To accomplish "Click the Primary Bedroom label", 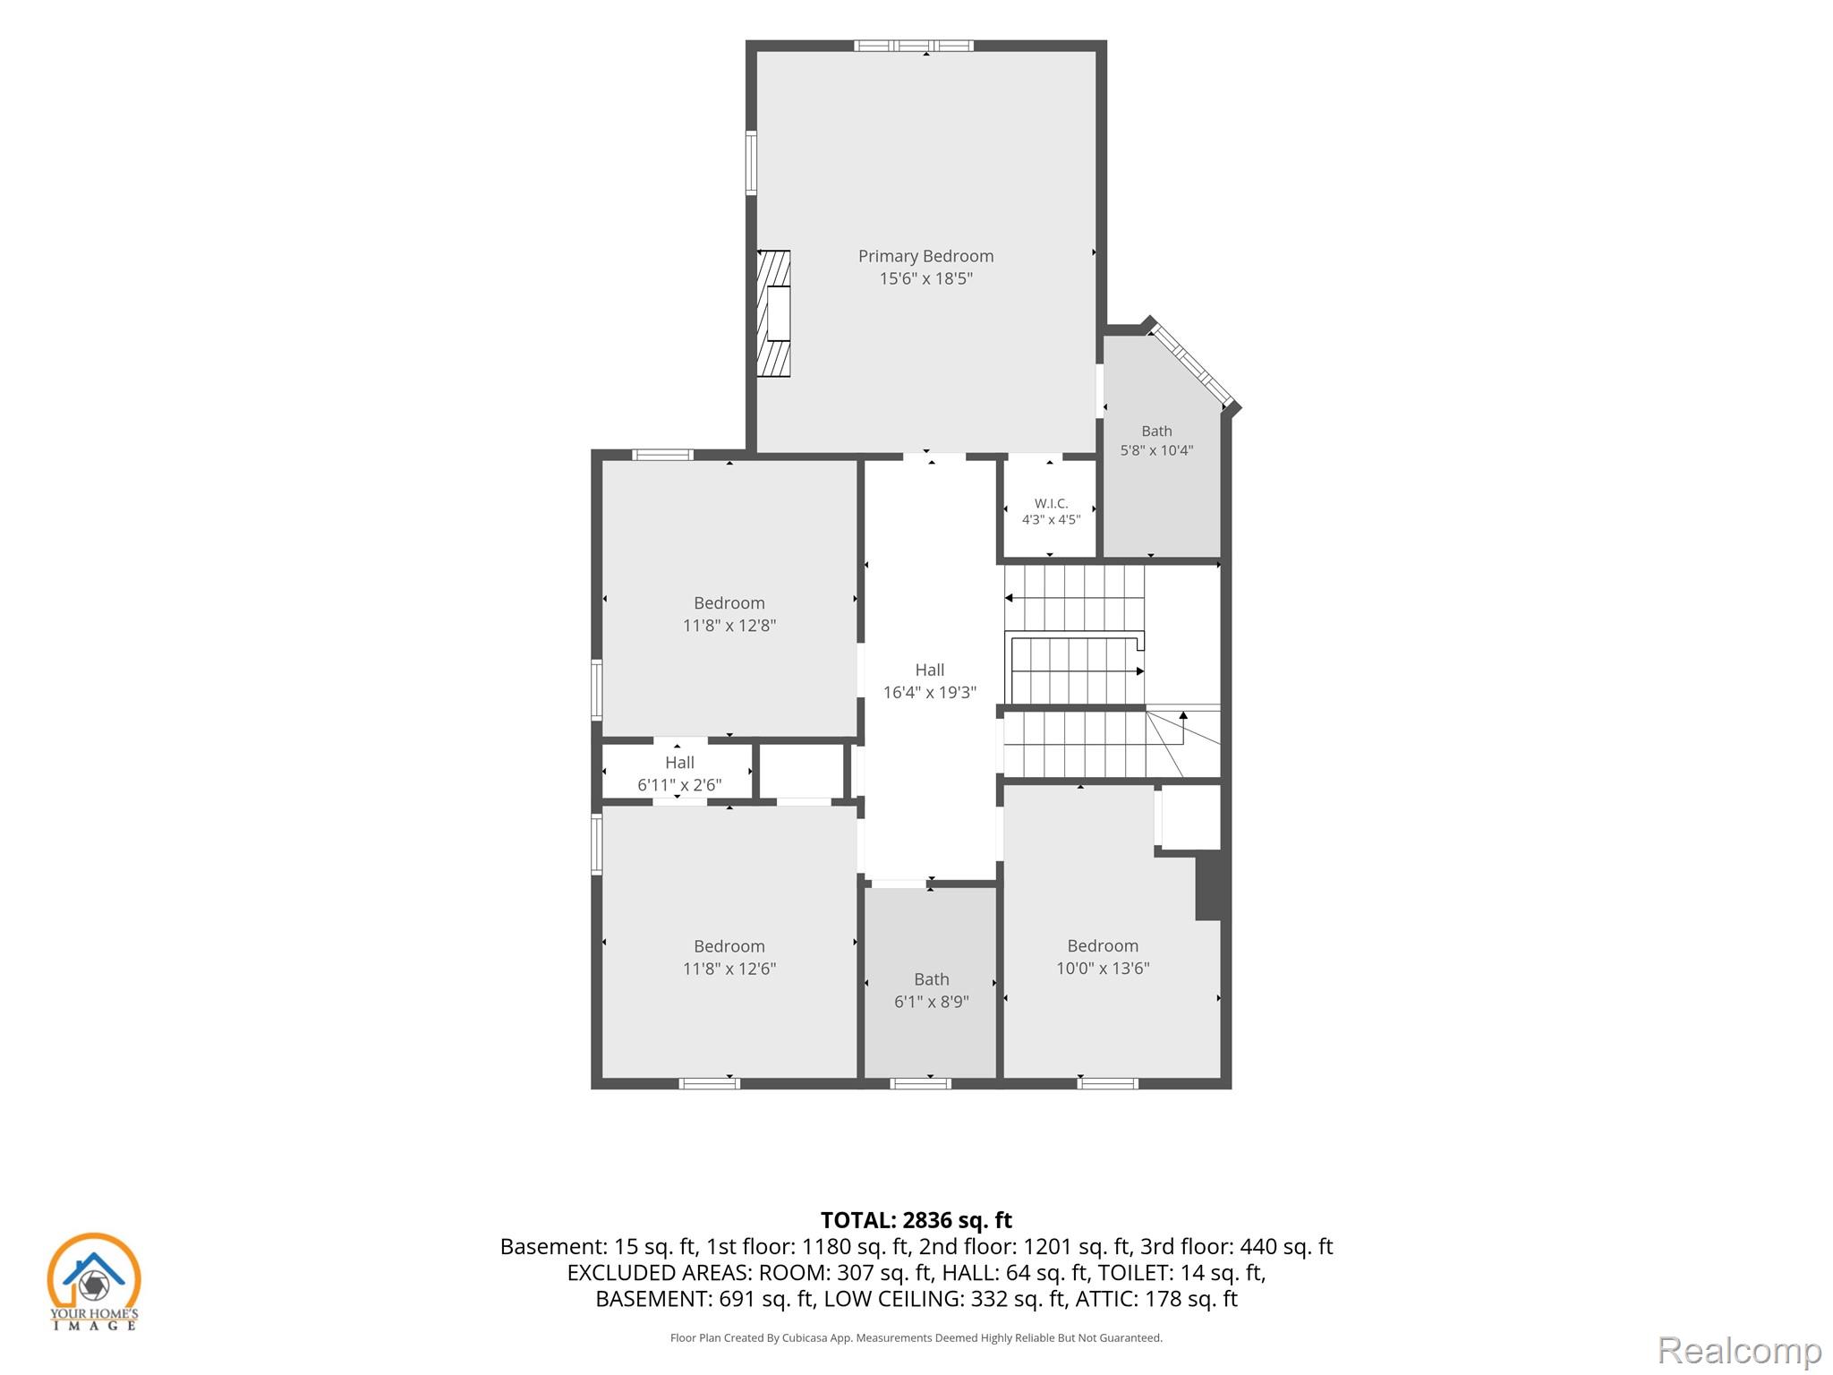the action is point(925,256).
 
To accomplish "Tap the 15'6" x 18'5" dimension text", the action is point(925,278).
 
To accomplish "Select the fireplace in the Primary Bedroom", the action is point(774,313).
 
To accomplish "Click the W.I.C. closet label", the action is point(1051,503).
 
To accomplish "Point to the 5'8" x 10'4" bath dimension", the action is point(1156,450).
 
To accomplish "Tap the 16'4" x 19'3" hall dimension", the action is point(929,692).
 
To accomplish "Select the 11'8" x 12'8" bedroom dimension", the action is point(729,626).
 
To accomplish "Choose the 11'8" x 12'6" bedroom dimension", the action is point(729,969).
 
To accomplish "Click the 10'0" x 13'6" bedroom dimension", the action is point(1103,968).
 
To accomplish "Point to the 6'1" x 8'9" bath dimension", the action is point(931,1002).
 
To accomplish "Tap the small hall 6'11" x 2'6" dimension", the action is point(679,785).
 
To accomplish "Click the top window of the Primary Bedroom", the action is point(913,46).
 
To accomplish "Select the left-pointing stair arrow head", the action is point(1009,598).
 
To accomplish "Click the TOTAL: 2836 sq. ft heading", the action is point(916,1220).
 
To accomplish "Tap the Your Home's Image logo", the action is point(94,1281).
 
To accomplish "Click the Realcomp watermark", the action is point(1739,1351).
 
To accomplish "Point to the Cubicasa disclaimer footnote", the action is point(916,1338).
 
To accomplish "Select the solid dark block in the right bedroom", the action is point(1208,885).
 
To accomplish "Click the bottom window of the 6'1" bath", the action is point(921,1084).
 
